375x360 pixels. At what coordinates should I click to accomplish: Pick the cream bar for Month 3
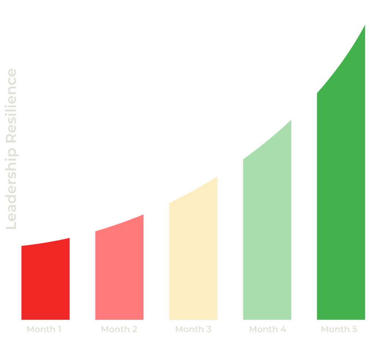click(x=193, y=256)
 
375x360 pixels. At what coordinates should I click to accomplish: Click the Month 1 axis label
click(x=44, y=329)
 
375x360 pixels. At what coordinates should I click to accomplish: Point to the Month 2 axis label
click(x=119, y=329)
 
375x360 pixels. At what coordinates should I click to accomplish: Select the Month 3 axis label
click(x=193, y=329)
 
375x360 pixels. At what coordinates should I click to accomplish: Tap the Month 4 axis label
click(x=268, y=329)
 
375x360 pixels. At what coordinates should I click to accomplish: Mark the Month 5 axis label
click(x=339, y=329)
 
